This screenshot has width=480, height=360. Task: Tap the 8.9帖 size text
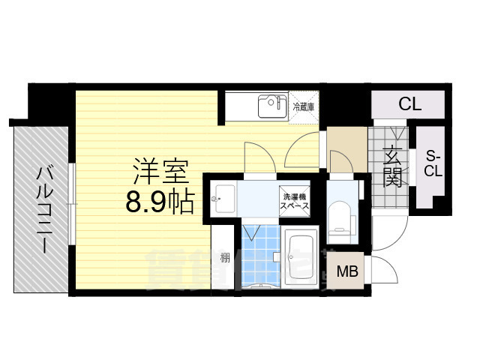[x=160, y=201]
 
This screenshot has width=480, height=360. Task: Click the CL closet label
[x=409, y=104]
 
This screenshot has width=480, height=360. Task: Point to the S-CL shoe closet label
[x=433, y=163]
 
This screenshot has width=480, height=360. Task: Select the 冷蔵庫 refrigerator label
[x=303, y=107]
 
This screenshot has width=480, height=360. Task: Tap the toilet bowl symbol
[x=342, y=214]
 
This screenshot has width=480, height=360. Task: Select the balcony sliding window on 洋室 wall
[x=70, y=202]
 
